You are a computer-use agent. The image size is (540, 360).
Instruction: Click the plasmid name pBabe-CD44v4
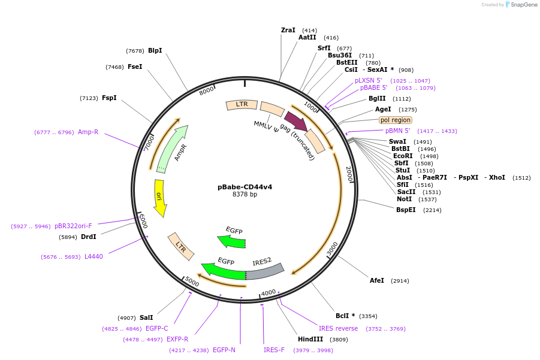tap(245, 187)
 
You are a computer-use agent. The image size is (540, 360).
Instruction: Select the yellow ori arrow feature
tap(159, 198)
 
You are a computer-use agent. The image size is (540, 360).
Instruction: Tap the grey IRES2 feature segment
tap(264, 271)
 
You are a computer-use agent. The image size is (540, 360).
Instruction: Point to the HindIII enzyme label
tap(310, 340)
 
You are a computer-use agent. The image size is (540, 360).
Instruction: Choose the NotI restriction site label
tap(404, 199)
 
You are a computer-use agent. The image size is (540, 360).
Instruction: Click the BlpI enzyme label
tap(155, 51)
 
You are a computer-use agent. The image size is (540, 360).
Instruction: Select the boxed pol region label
tap(396, 120)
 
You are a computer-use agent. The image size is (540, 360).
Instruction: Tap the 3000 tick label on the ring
tap(333, 249)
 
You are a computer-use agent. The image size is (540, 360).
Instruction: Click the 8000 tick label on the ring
tap(207, 90)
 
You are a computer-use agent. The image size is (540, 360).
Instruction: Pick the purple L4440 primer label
tap(93, 257)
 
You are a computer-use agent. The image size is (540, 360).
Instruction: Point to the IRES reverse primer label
tap(338, 328)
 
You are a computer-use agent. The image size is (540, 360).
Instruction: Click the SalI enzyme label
tap(146, 318)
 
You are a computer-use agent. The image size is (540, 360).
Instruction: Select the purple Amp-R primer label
tap(88, 132)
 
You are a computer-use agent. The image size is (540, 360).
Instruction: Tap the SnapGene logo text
tap(524, 5)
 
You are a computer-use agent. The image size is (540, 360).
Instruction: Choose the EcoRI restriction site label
tap(403, 156)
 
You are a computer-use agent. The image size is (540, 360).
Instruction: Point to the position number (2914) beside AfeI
tap(400, 281)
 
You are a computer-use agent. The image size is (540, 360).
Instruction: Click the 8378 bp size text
tap(245, 195)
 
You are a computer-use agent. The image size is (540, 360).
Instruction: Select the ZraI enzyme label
tap(288, 30)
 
